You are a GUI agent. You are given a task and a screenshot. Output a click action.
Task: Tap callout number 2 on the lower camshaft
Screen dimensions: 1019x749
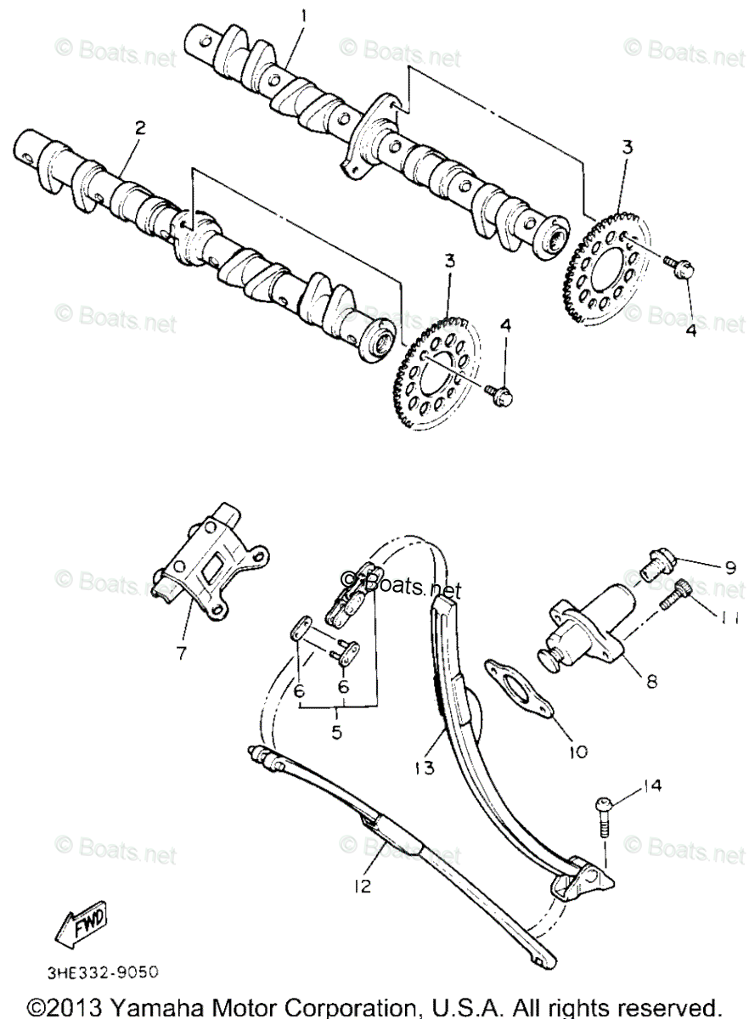click(x=140, y=127)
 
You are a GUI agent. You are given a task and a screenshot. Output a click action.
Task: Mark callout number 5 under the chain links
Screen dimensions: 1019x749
click(x=337, y=729)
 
